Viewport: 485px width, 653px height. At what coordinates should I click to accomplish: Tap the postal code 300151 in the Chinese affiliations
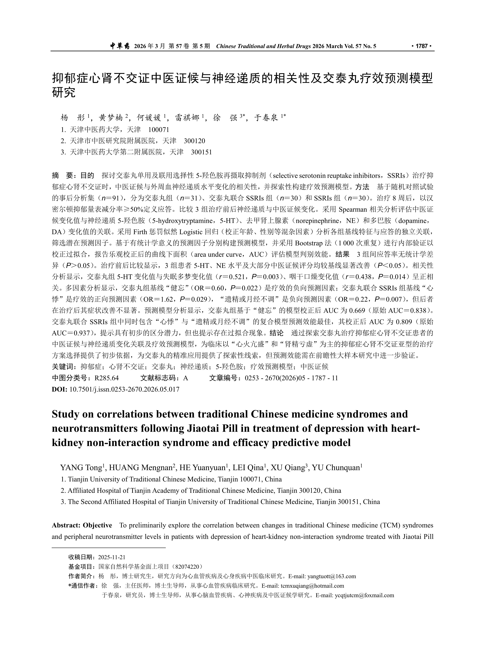click(201, 152)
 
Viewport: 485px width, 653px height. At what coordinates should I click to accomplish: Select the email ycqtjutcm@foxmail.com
click(364, 595)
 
